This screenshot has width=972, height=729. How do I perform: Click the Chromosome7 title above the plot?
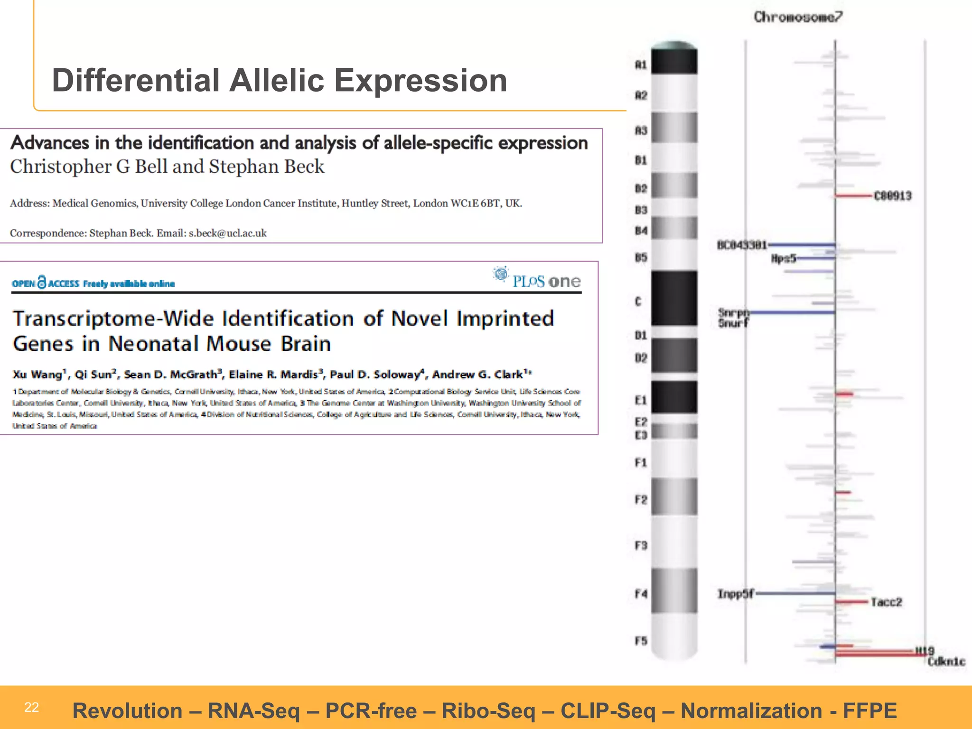tap(798, 17)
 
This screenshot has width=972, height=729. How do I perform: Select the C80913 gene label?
tap(893, 196)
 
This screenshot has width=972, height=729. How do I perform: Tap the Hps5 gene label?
tap(783, 259)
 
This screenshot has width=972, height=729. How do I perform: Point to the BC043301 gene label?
tap(742, 245)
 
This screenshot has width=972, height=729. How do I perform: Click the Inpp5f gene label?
tap(735, 594)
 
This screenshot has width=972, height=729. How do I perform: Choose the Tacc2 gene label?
tap(886, 602)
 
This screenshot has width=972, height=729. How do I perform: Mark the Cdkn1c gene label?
tap(946, 662)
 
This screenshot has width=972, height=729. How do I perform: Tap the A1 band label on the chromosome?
tap(641, 65)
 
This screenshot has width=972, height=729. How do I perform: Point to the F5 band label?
tap(641, 641)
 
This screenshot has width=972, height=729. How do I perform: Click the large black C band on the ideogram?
tap(674, 298)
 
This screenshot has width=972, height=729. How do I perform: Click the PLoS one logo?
tap(537, 279)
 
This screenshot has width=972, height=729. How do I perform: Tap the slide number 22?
tap(31, 708)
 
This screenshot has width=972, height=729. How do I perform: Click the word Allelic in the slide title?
tap(277, 80)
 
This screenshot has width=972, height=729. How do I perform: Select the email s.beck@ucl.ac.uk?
tap(227, 233)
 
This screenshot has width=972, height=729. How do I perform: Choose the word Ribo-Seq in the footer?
tap(488, 711)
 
